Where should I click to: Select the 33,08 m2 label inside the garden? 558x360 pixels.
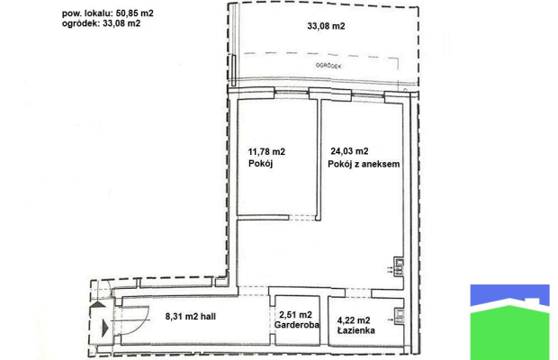(326, 26)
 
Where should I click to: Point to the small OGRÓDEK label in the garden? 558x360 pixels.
(328, 66)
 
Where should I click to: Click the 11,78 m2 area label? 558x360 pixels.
(266, 152)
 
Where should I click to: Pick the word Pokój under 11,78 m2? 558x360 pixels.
(260, 164)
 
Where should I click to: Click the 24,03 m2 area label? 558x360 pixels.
(349, 151)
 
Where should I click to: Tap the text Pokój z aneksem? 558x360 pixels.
(364, 164)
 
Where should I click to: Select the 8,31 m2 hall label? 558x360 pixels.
(191, 316)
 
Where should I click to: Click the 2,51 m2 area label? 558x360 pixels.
(296, 315)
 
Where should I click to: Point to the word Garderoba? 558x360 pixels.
(296, 325)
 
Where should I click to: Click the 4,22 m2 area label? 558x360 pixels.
(354, 320)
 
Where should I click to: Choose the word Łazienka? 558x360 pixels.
(355, 330)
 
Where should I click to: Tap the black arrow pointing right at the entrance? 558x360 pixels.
(105, 328)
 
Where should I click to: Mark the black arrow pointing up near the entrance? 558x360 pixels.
(99, 304)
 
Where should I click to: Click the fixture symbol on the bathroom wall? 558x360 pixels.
(400, 316)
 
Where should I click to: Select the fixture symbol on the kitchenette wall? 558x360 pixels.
(400, 267)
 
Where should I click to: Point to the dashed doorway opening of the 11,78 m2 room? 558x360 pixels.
(302, 218)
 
